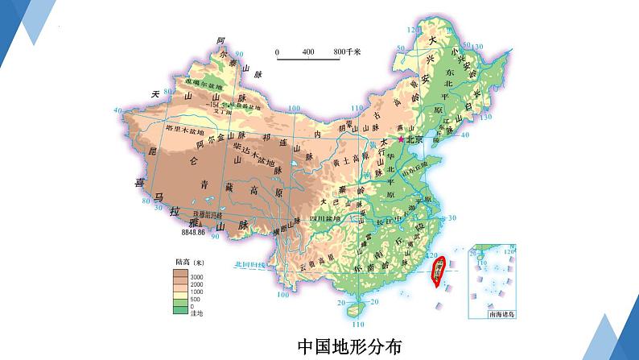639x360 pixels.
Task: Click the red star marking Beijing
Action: [402, 139]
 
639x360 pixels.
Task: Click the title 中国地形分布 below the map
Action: [349, 346]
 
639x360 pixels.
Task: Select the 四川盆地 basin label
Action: [330, 217]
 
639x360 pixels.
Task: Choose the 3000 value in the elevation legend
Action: [197, 275]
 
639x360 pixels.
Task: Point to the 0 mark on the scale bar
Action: [278, 52]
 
